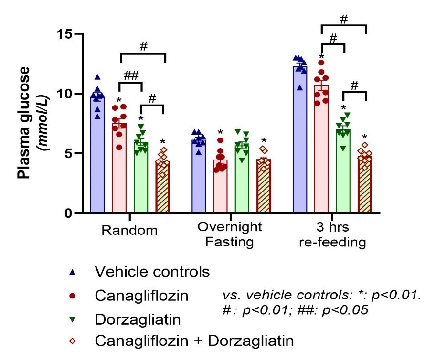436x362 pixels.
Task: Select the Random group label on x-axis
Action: (129, 231)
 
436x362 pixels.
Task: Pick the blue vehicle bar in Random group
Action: (98, 158)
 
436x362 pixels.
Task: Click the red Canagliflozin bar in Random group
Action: (119, 172)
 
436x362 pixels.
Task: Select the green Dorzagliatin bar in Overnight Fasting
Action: (242, 181)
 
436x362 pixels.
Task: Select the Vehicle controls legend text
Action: (152, 272)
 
